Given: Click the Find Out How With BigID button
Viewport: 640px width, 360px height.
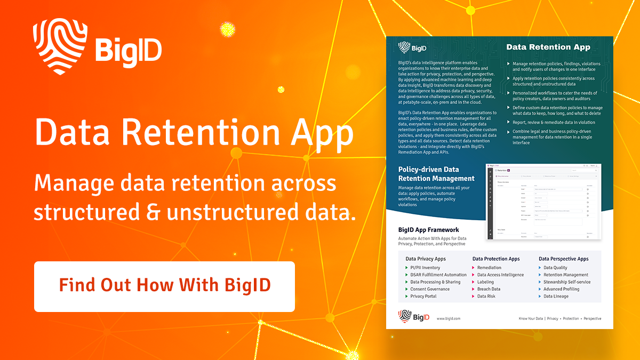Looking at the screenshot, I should click(164, 286).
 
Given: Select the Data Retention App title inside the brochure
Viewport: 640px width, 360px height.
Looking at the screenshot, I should click(548, 47).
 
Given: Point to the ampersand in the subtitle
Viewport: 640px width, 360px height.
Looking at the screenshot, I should click(154, 212).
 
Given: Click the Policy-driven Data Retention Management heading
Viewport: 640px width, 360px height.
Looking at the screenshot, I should click(436, 174).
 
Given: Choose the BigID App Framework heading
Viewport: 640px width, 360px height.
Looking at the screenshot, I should click(428, 230).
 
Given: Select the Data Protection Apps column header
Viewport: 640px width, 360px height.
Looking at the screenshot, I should click(495, 259).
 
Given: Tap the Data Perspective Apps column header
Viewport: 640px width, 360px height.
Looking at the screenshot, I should click(563, 259).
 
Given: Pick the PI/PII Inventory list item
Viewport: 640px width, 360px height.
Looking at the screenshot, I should click(425, 268).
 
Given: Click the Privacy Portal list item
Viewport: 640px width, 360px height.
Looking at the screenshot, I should click(423, 296).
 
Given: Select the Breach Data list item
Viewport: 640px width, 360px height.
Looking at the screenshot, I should click(489, 289).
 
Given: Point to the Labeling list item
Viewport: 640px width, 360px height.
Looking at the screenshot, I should click(485, 282).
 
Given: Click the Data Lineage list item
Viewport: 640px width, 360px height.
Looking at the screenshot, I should click(556, 296).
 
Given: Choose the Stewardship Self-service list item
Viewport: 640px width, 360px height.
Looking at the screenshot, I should click(566, 282).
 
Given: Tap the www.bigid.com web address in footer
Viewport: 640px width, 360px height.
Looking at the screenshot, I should click(448, 318).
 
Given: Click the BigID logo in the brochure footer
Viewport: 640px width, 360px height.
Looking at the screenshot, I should click(414, 317).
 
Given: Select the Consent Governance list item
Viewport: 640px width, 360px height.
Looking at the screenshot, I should click(429, 289).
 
